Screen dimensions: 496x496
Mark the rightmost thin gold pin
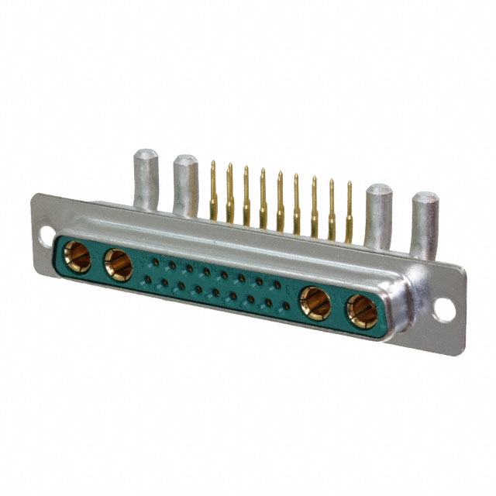[349, 211]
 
